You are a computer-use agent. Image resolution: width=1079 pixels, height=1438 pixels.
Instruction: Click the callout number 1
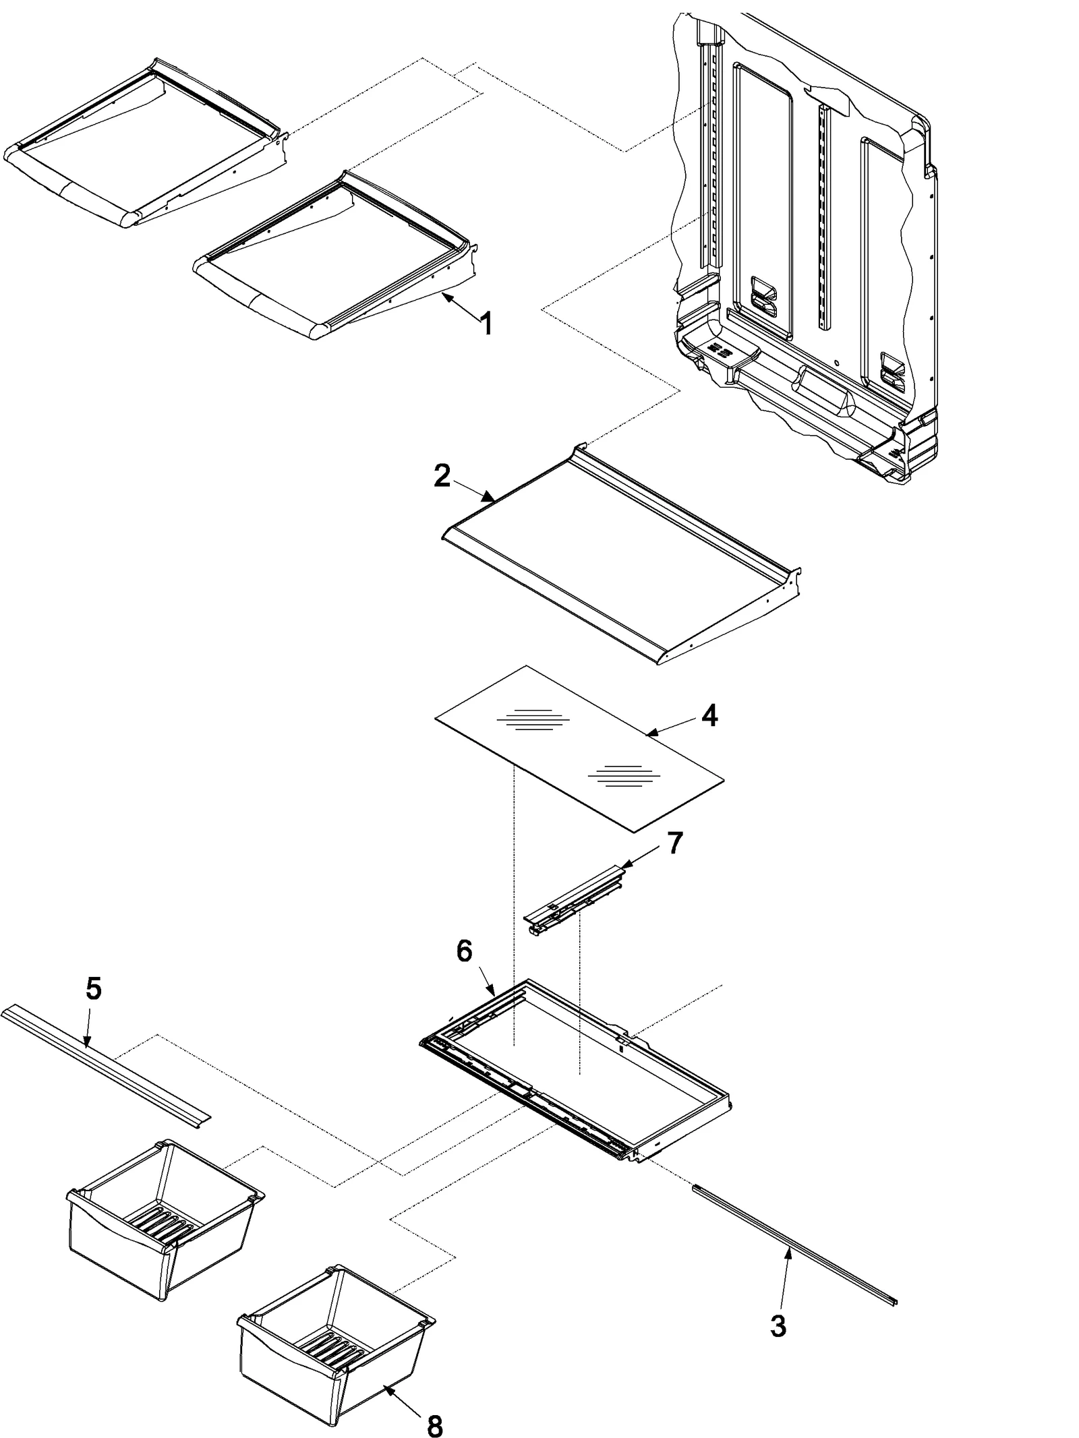tap(484, 324)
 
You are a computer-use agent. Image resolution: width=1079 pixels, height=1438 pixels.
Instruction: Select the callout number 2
tap(442, 477)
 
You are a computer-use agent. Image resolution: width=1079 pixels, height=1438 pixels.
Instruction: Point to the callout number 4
tap(709, 716)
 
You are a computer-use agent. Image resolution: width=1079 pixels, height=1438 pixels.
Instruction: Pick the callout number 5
tap(94, 989)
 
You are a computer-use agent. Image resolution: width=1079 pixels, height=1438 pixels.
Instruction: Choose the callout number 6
tap(464, 951)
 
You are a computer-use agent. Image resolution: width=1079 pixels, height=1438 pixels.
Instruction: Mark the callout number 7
tap(674, 843)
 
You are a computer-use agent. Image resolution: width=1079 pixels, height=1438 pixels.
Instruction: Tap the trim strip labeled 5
tap(101, 1065)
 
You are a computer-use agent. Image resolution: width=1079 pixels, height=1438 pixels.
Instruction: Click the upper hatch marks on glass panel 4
tap(533, 721)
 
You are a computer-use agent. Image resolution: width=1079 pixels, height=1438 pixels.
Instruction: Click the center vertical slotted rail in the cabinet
tap(823, 216)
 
